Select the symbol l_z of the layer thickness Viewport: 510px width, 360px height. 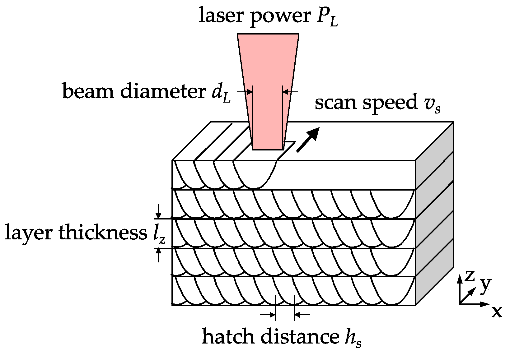pos(157,234)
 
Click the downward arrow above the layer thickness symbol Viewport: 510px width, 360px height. pos(159,212)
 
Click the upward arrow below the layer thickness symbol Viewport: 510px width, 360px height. pos(159,255)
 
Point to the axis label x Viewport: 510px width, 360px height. pos(497,312)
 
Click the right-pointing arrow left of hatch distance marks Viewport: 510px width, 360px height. pos(268,315)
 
